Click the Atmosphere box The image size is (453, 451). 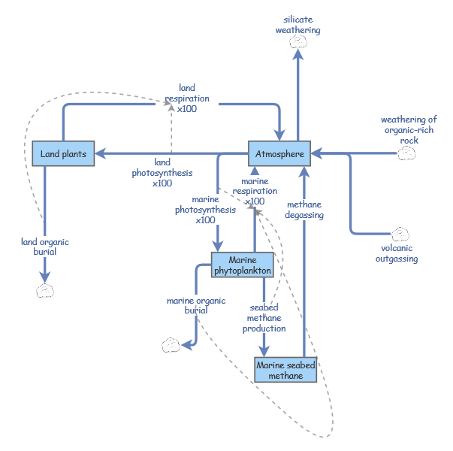pos(279,155)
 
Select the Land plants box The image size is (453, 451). pos(63,154)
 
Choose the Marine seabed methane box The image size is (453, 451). pos(285,371)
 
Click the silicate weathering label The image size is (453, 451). pos(298,25)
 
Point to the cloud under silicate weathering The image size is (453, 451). pos(298,42)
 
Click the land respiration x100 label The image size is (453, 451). pos(187,98)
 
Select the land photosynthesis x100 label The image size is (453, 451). pos(162,172)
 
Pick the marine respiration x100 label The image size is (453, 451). pos(255,192)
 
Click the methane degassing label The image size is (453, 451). pos(304,210)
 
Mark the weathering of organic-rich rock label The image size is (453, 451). pos(409,130)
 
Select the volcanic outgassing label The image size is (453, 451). pos(397,253)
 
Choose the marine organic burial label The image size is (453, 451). pos(196,305)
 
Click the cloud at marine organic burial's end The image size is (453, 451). pos(171,345)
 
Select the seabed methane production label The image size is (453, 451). pos(264,318)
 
